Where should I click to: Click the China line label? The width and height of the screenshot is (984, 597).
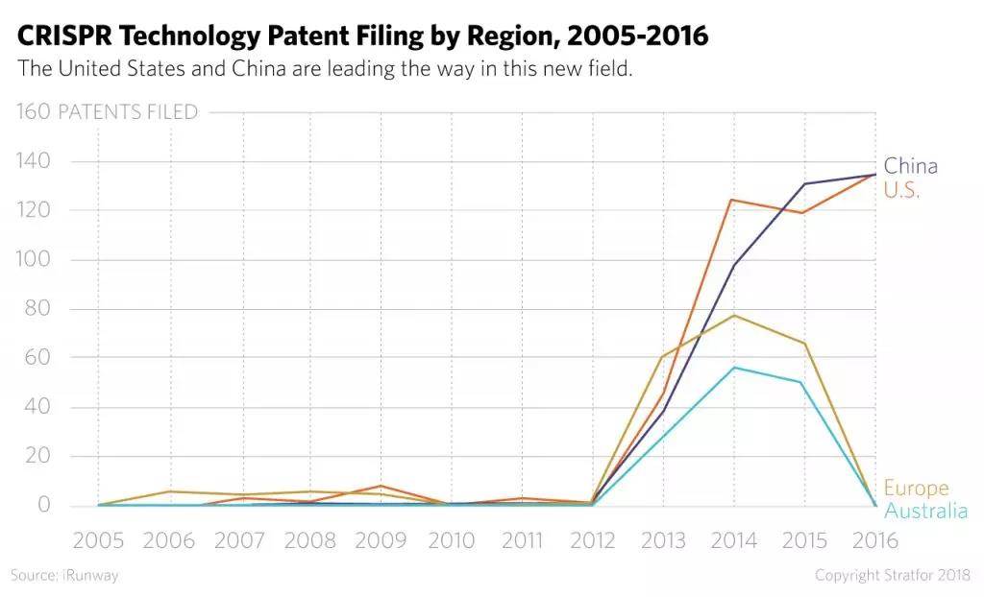point(910,166)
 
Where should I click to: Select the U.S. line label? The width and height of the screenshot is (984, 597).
point(901,190)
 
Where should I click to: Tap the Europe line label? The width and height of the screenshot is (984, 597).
point(916,488)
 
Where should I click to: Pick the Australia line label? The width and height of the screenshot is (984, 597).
point(925,511)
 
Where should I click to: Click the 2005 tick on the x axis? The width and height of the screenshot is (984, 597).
point(98,540)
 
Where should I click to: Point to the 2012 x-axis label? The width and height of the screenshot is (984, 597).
point(592,540)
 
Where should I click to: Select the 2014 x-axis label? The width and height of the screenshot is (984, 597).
point(733,540)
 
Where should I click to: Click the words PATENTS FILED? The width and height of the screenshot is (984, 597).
point(128,112)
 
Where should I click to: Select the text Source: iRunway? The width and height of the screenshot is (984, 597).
point(64,575)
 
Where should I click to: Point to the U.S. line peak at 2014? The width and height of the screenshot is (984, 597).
point(733,200)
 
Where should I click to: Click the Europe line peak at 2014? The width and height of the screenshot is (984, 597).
point(733,315)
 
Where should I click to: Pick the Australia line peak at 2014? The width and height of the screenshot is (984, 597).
point(733,368)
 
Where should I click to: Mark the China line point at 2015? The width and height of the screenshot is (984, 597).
point(803,183)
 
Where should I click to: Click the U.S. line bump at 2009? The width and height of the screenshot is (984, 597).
point(381,486)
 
